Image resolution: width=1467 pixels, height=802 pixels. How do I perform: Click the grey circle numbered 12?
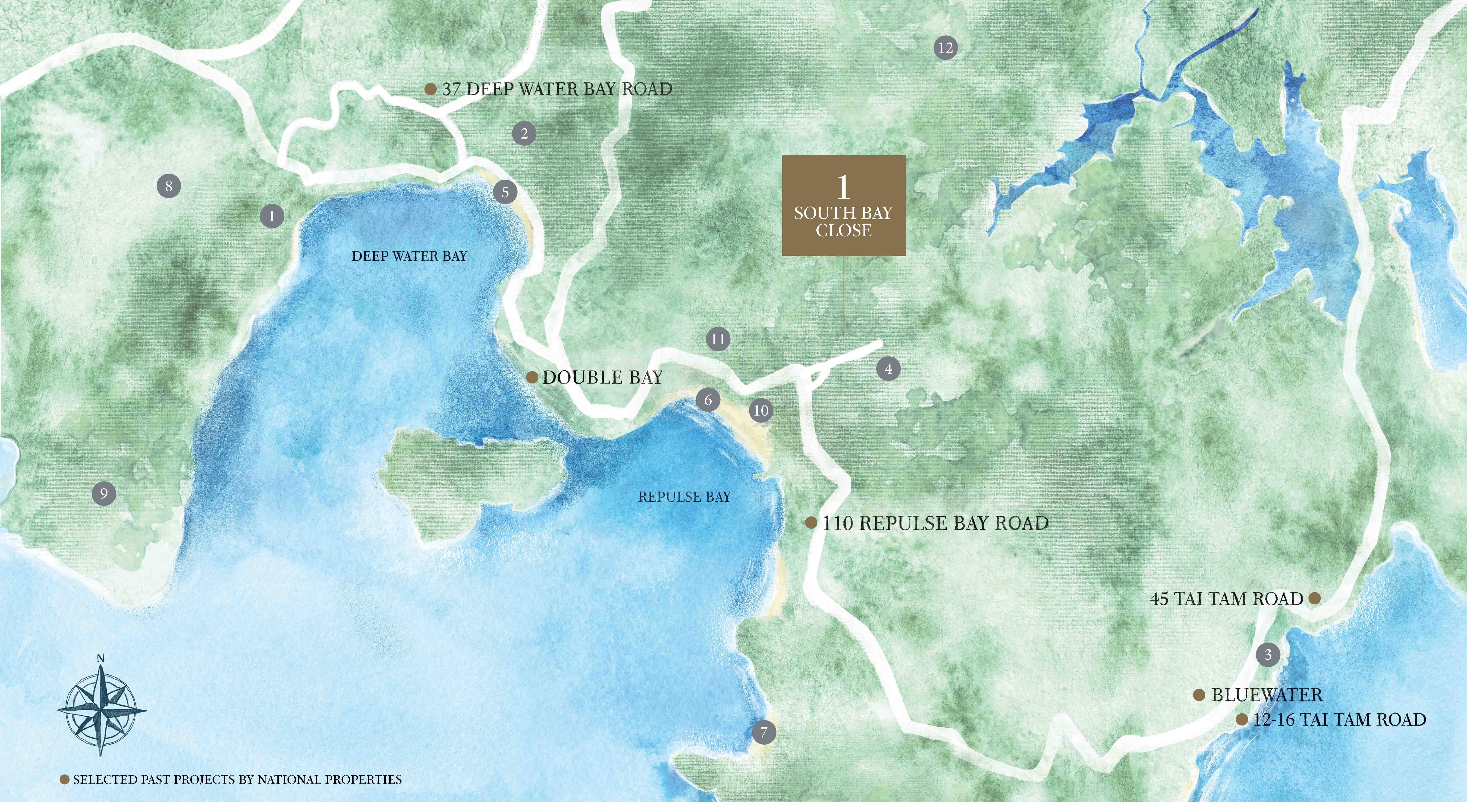click(x=945, y=48)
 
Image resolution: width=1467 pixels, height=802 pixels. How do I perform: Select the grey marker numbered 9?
click(x=104, y=493)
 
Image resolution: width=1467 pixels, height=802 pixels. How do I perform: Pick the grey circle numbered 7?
click(x=764, y=732)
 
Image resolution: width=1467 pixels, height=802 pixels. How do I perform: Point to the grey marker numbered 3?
click(x=1268, y=654)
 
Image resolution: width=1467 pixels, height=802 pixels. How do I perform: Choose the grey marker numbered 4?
click(x=888, y=369)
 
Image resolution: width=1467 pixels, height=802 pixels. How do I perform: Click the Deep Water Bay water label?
click(x=409, y=256)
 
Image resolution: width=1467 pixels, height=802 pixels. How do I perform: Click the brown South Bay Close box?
click(x=843, y=205)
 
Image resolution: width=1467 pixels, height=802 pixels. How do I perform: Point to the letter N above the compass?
click(x=101, y=658)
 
